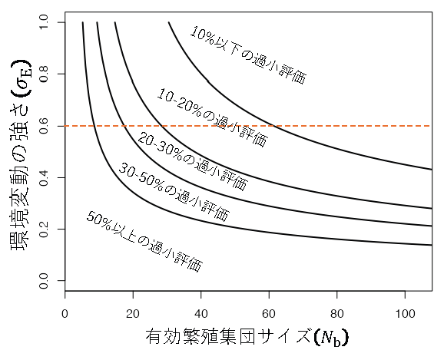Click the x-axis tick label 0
click(65, 313)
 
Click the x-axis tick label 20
click(134, 313)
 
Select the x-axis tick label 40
click(201, 313)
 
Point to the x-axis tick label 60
click(270, 313)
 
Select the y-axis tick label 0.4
click(44, 178)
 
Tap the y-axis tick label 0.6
click(44, 126)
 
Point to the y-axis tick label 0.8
click(44, 74)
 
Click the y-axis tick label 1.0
click(44, 22)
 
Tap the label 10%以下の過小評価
click(248, 55)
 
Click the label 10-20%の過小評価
click(213, 117)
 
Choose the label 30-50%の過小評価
click(174, 192)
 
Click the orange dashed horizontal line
click(346, 126)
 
